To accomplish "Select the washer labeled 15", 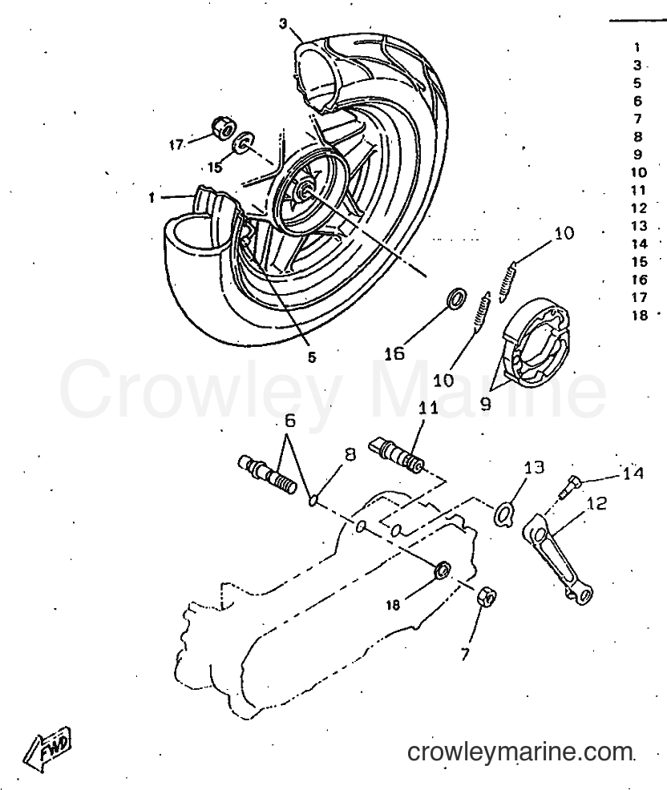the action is [245, 142].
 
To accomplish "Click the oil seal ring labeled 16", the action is [456, 298].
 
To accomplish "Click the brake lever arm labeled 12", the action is [558, 556].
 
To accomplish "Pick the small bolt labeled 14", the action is [568, 486].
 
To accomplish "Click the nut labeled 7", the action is [487, 598].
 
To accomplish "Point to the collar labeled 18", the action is [443, 570].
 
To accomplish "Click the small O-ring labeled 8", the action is [313, 500].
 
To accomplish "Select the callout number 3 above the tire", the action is [284, 24].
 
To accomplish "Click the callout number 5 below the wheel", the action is [312, 357].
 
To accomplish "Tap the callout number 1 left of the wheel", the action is [152, 198].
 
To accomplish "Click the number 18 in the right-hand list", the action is [640, 316].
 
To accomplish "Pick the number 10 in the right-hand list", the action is [639, 172].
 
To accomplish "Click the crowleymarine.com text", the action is [520, 752].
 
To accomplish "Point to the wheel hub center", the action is [305, 190].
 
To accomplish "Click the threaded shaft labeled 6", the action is [267, 474].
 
